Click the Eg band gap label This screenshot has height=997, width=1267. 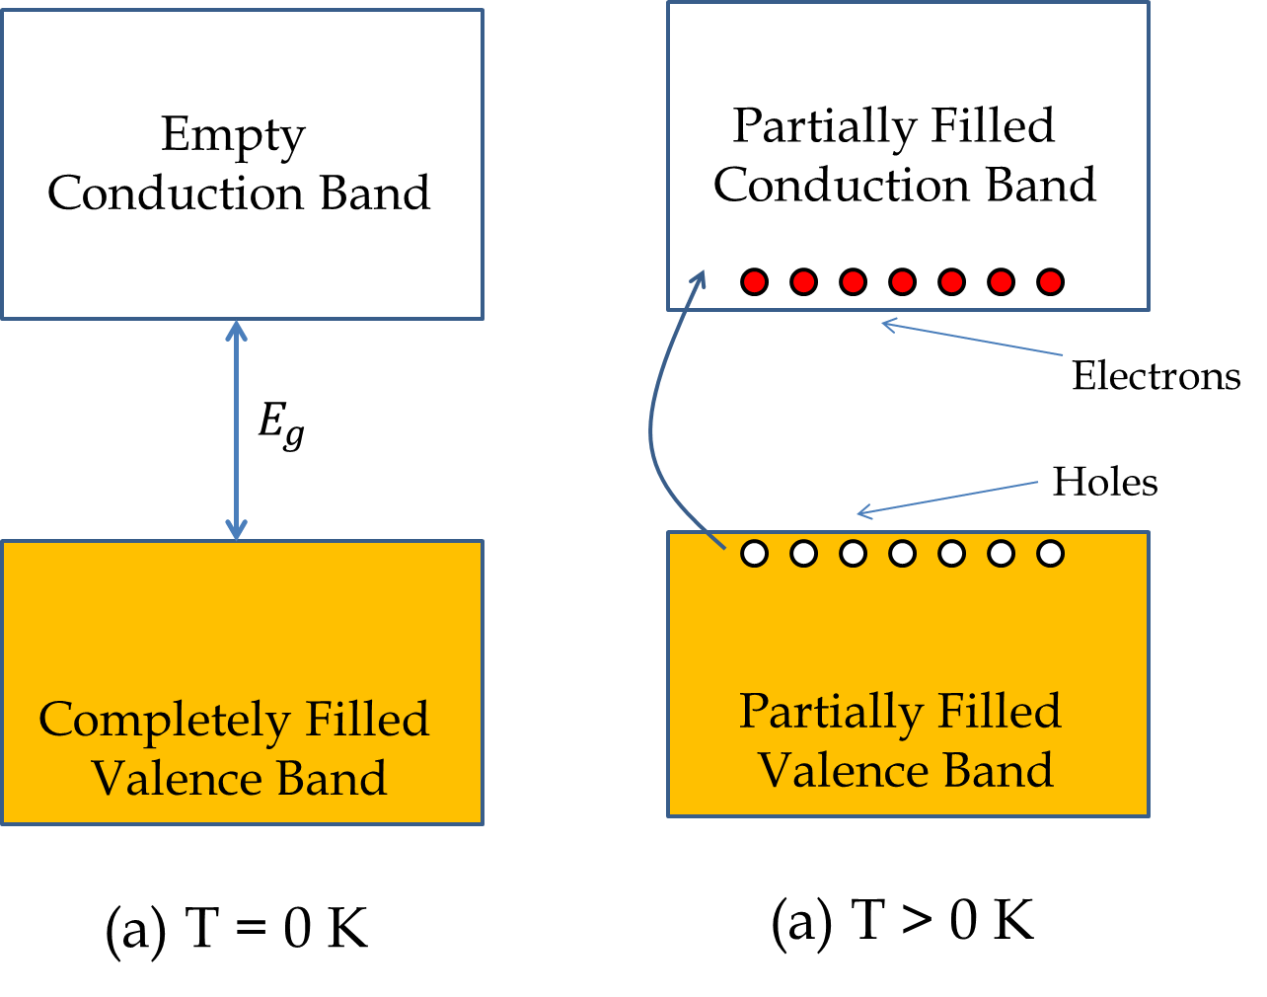(281, 425)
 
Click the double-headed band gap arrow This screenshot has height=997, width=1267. (236, 429)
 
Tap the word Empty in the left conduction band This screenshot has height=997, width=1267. (233, 136)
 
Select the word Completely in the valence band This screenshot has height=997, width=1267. (165, 721)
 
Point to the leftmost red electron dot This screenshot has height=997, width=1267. (754, 281)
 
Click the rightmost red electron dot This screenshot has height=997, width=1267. (1050, 281)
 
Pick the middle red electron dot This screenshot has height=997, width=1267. (903, 281)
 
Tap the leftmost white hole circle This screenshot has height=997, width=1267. (754, 554)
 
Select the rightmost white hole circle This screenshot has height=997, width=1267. (1050, 554)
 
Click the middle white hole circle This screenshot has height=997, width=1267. (903, 554)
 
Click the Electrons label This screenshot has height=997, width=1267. (1156, 376)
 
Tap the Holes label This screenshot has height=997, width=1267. (1105, 482)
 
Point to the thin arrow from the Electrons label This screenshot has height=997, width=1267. (971, 338)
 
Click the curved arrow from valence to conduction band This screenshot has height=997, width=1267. (651, 424)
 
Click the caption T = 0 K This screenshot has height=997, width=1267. (237, 928)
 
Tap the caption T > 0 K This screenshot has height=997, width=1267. (903, 921)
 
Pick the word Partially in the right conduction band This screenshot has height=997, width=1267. (825, 127)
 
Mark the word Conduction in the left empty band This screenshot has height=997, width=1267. (176, 193)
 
